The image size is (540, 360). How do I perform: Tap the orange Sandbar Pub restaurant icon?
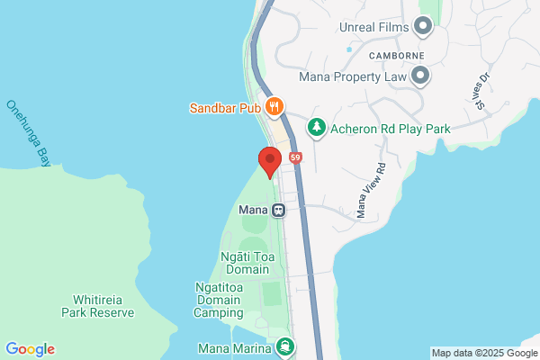pyautogui.click(x=274, y=107)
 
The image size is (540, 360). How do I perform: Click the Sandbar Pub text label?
pyautogui.click(x=224, y=108)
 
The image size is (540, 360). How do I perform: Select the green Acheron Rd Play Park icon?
pyautogui.click(x=316, y=129)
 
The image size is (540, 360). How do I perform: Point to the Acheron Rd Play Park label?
pyautogui.click(x=390, y=130)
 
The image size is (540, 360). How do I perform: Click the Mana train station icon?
pyautogui.click(x=279, y=211)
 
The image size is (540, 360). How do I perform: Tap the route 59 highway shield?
pyautogui.click(x=295, y=158)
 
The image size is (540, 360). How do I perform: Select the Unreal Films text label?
pyautogui.click(x=374, y=27)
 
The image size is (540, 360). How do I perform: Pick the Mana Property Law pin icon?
pyautogui.click(x=420, y=77)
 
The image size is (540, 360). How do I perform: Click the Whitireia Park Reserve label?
pyautogui.click(x=97, y=306)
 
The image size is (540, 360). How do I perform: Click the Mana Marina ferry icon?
pyautogui.click(x=285, y=346)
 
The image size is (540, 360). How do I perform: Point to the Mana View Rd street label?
pyautogui.click(x=370, y=190)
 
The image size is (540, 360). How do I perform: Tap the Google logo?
pyautogui.click(x=30, y=349)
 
